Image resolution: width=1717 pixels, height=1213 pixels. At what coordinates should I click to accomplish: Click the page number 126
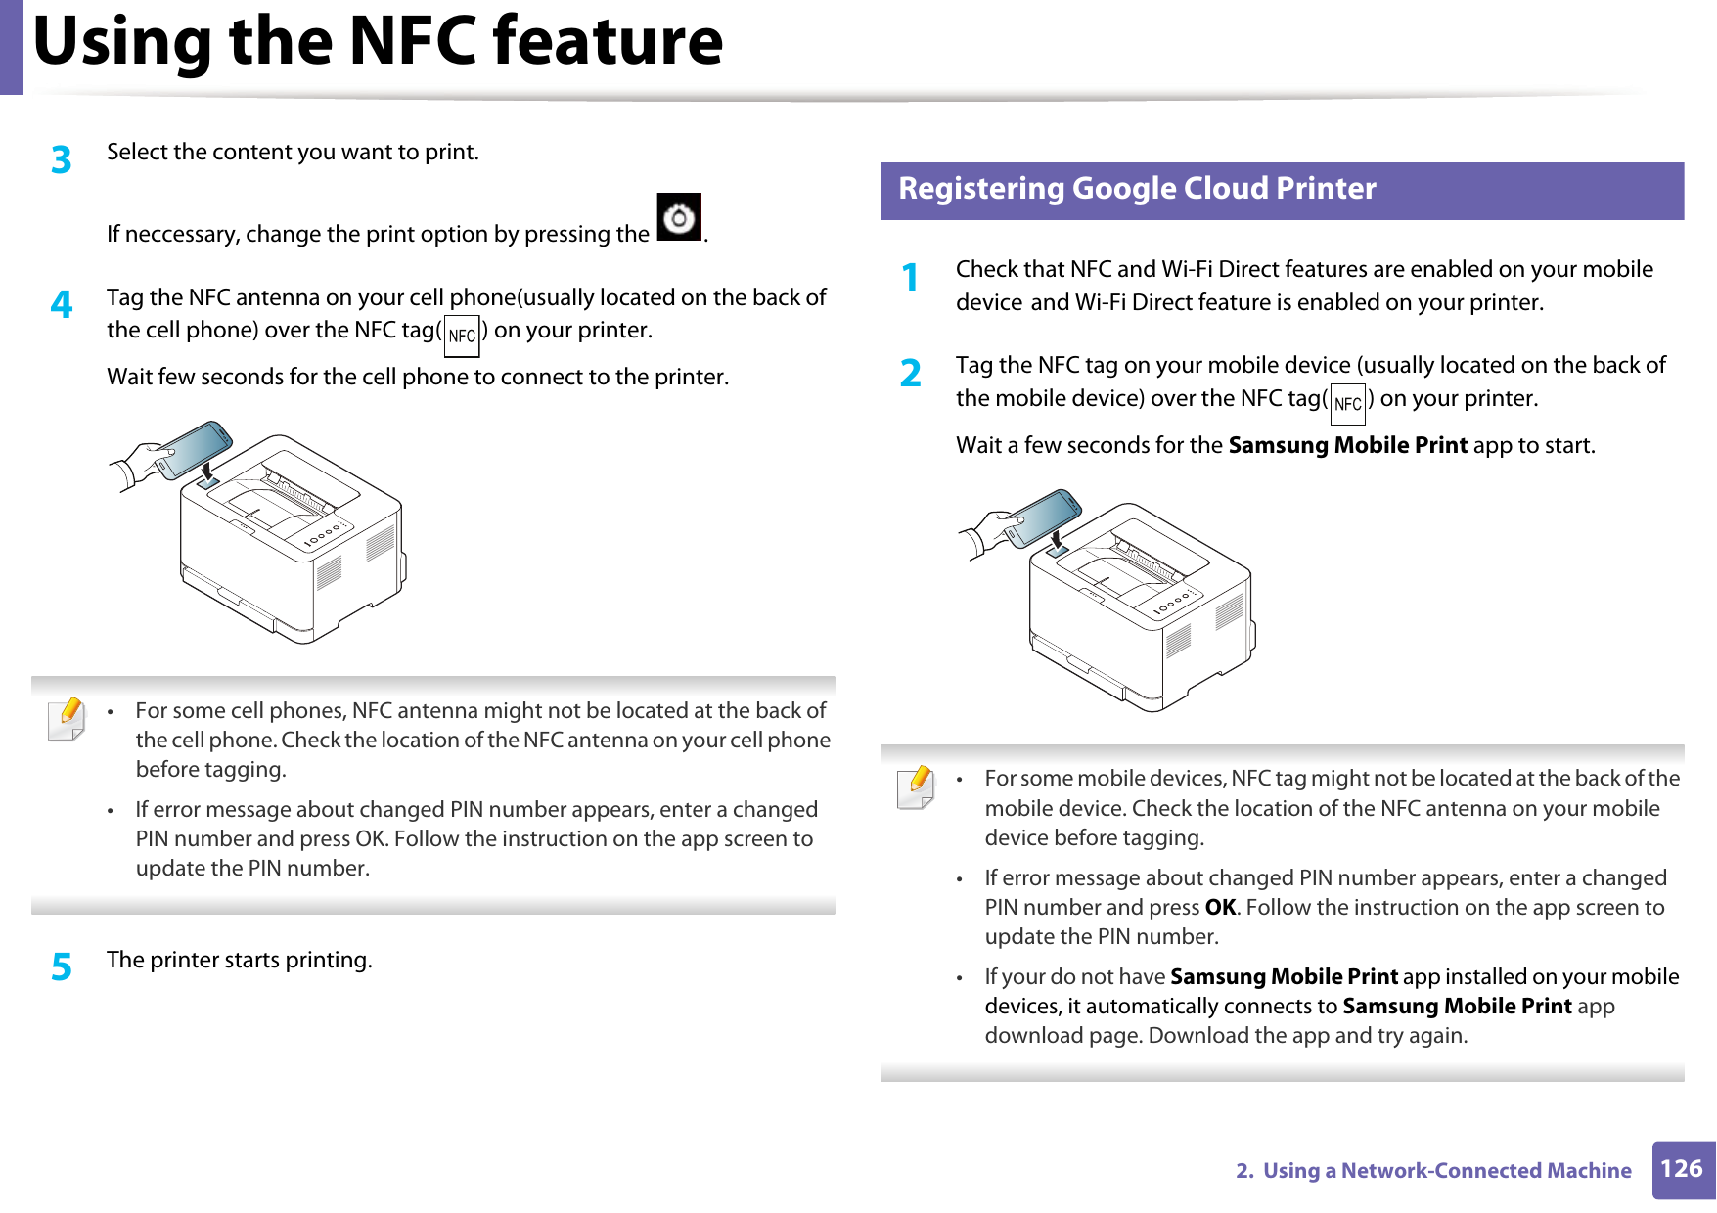click(1682, 1169)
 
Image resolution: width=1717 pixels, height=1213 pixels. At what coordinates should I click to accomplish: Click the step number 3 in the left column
click(62, 159)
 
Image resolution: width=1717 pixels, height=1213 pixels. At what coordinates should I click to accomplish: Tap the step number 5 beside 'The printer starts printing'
click(62, 966)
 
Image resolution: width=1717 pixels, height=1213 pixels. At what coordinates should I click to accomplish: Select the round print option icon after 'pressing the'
click(679, 218)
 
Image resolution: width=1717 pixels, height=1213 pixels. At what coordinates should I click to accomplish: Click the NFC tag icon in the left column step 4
click(462, 336)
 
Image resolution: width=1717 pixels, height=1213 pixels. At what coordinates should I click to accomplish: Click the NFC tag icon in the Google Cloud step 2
click(1347, 404)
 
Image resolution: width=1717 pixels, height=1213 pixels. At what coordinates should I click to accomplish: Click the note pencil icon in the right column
click(916, 787)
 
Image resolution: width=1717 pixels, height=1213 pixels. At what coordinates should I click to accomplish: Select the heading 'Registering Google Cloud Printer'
click(1137, 188)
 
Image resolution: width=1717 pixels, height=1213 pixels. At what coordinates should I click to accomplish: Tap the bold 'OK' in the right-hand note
click(1220, 908)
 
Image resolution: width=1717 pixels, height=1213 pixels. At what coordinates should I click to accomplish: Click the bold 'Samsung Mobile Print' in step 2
click(1347, 446)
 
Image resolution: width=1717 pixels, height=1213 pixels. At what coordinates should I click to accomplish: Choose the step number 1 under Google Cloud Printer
click(911, 277)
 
